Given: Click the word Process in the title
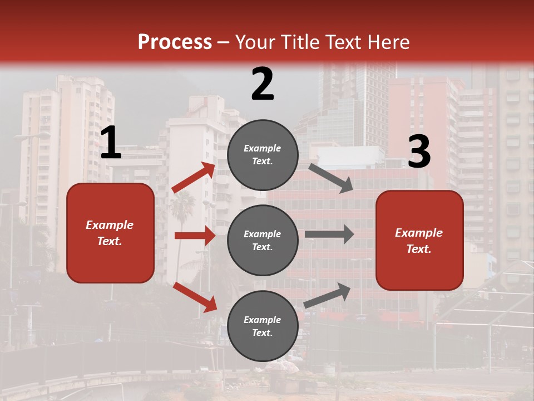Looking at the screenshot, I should (175, 42).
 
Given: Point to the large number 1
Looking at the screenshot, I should (111, 143).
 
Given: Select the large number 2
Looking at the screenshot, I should (263, 84).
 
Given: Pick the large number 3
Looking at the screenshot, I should (419, 152).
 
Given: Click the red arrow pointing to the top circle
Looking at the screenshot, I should (194, 178).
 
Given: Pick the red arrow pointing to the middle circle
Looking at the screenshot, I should (195, 236).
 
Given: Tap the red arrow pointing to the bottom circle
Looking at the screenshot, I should (195, 297).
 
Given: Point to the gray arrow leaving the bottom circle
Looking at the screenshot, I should (328, 295).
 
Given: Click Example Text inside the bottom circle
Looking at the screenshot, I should (263, 326).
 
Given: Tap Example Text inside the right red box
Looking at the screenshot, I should (419, 241).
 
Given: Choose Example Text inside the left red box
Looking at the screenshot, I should (110, 233).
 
